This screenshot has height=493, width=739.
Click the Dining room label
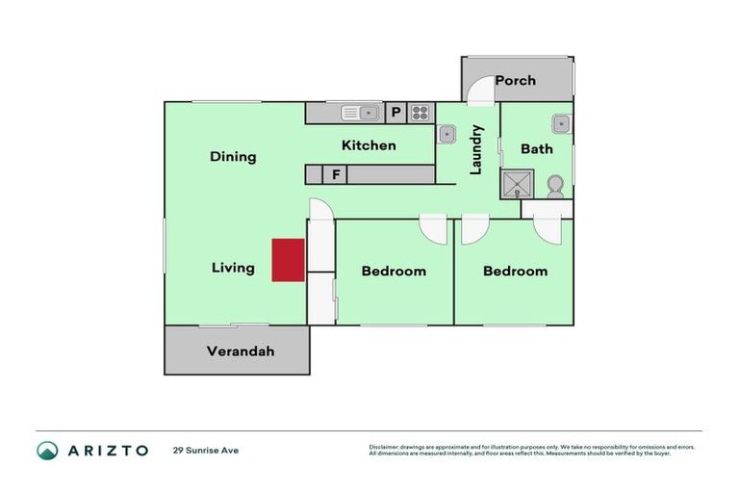point(233,157)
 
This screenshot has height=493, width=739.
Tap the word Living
point(233,268)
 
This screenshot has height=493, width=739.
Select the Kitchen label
point(369,145)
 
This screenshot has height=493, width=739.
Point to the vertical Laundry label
point(475,149)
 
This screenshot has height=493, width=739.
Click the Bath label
point(537,148)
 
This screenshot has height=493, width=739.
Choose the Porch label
point(515,80)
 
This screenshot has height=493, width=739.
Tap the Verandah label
point(241,351)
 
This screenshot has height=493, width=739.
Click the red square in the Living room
point(288,260)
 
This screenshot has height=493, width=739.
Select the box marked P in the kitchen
point(395,113)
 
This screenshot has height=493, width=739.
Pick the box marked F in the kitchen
point(336,174)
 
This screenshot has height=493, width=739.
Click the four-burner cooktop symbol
point(420,113)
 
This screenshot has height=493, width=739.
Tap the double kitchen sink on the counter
point(363,113)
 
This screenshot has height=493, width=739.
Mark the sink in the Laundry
point(447,135)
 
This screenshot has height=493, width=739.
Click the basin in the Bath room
point(561,123)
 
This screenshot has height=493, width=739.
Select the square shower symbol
point(517,183)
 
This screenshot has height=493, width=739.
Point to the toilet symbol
point(554,185)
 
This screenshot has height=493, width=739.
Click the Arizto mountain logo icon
point(47,450)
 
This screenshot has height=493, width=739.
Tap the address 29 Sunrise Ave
point(205,450)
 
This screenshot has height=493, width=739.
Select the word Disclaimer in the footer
point(385,447)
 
